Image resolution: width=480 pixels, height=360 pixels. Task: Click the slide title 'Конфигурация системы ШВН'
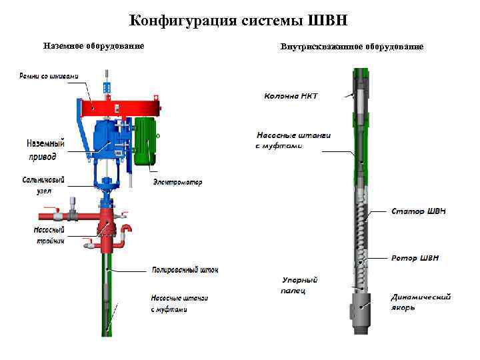[239, 19]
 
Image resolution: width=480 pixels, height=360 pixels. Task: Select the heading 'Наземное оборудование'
[93, 46]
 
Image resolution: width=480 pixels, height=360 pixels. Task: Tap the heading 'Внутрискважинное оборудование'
[352, 47]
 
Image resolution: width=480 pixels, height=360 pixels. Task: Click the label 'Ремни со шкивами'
[48, 76]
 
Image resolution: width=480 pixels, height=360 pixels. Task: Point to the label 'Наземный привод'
[46, 150]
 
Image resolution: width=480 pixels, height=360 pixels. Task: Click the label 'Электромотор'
[177, 182]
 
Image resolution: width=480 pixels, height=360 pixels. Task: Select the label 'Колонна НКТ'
[291, 96]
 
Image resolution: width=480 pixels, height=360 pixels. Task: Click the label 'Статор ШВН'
[419, 211]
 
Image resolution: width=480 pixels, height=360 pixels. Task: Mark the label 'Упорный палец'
[299, 285]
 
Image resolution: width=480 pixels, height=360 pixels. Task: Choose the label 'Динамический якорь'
[421, 302]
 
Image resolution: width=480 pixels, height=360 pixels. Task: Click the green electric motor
[145, 140]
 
